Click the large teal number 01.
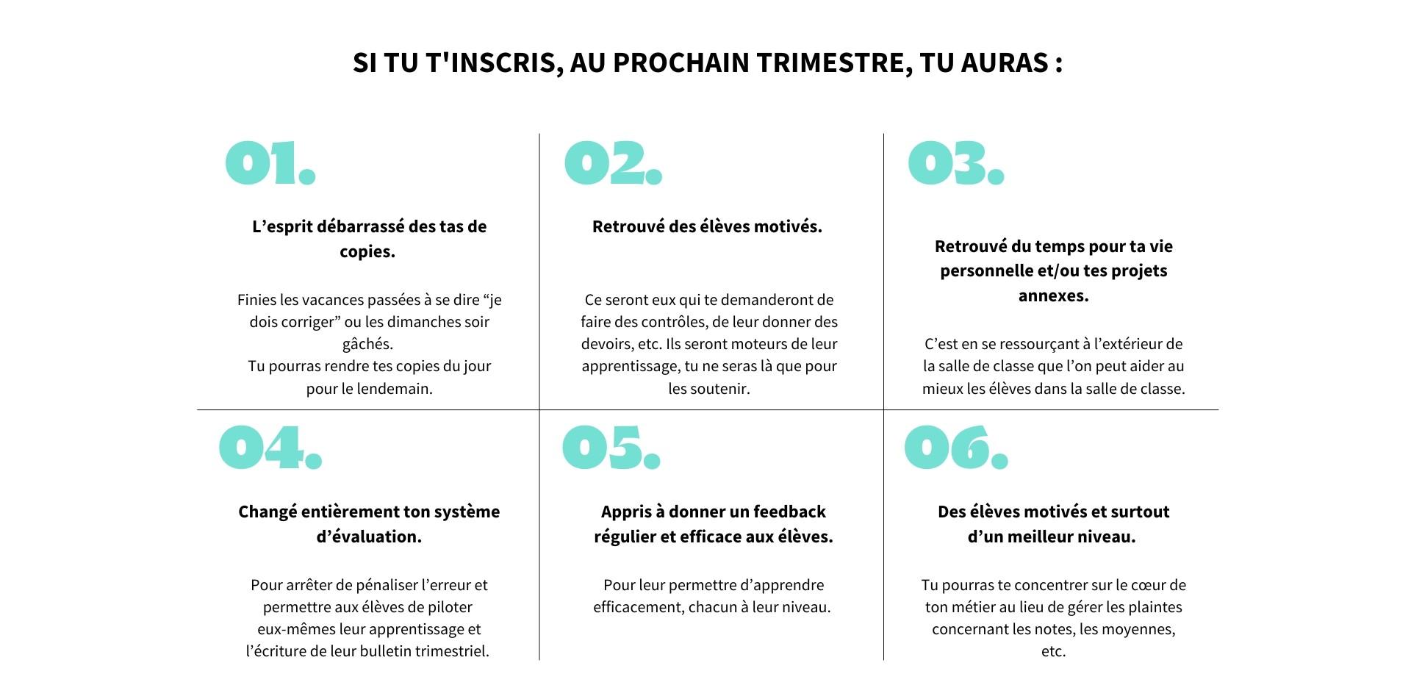click(x=270, y=163)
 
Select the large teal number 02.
click(x=613, y=163)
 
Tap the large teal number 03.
click(x=955, y=163)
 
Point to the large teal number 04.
click(x=270, y=448)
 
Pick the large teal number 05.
click(x=611, y=448)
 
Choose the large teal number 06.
click(x=955, y=448)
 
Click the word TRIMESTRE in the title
click(x=829, y=63)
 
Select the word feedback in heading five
click(x=789, y=512)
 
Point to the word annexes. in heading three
click(x=1053, y=295)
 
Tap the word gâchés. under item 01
click(x=367, y=344)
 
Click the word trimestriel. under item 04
click(x=452, y=651)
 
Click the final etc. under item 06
click(x=1053, y=651)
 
